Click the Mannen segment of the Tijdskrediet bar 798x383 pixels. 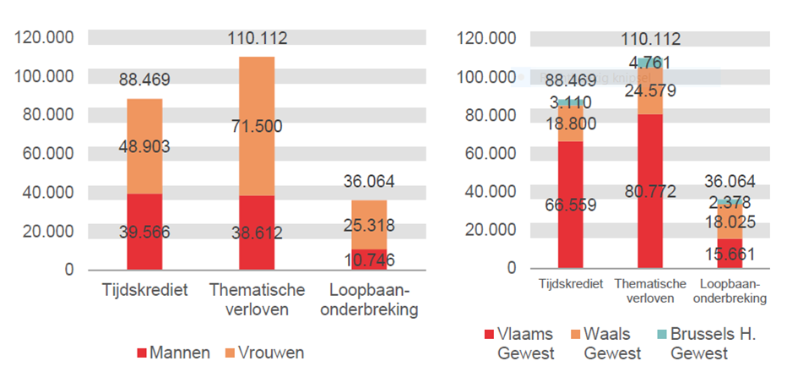click(144, 231)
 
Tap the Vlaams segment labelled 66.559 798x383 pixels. click(572, 204)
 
